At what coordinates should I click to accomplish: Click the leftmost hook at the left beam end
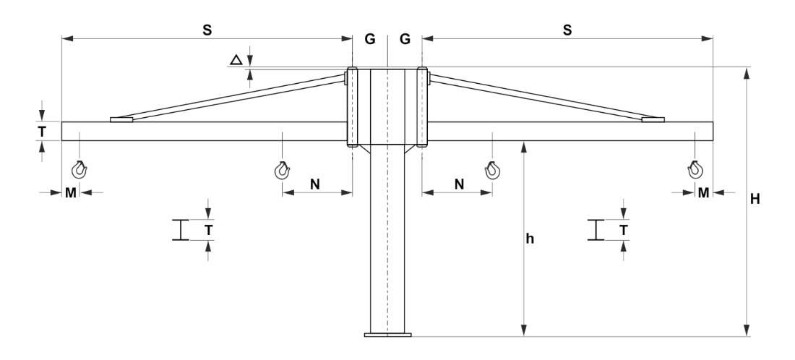coord(79,171)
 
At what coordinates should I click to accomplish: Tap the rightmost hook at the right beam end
coord(695,171)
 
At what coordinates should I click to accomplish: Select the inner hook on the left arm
coord(282,171)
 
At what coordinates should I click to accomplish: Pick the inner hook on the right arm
coord(492,171)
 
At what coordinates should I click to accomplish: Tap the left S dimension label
coord(207,30)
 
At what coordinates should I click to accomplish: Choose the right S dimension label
coord(567,30)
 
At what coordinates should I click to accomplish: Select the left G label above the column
coord(369,39)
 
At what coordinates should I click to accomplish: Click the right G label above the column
coord(405,39)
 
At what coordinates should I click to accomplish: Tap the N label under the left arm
coord(316,184)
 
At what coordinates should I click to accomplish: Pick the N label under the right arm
coord(458,184)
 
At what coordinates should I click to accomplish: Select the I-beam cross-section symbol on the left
coord(180,230)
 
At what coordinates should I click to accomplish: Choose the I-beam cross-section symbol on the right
coord(595,230)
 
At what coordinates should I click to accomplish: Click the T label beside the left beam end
coord(43,131)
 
